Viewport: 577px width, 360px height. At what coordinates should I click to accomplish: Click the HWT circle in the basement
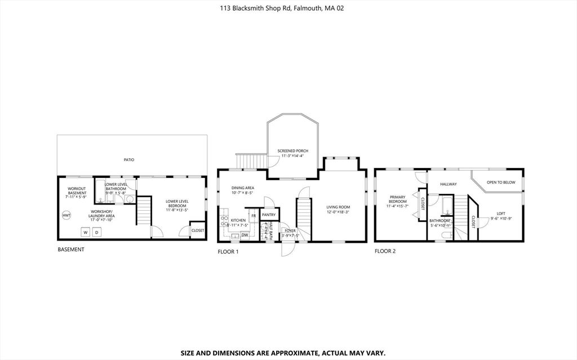click(66, 216)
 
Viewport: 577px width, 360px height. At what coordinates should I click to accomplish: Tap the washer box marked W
click(85, 232)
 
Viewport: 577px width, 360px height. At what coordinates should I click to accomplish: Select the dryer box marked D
click(96, 232)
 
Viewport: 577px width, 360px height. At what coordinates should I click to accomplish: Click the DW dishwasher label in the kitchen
click(245, 235)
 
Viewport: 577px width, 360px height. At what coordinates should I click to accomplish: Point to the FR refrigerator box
click(254, 216)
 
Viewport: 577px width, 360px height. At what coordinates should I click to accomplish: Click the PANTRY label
click(268, 215)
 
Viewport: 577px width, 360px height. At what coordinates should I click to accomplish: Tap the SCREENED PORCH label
click(292, 151)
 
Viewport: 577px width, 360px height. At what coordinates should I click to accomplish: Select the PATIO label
click(129, 160)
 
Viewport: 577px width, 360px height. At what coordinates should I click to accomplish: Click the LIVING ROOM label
click(338, 207)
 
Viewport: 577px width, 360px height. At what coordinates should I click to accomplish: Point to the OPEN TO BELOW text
click(501, 183)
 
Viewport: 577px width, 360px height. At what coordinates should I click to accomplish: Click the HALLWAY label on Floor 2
click(449, 184)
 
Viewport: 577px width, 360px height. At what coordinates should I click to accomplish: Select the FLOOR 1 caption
click(228, 251)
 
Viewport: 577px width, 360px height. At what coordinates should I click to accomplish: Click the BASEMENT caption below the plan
click(71, 249)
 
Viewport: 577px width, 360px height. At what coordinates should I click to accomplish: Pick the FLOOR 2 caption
click(385, 251)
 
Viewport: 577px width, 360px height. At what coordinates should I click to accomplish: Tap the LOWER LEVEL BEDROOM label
click(177, 203)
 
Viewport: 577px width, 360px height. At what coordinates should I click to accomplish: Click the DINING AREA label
click(242, 188)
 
